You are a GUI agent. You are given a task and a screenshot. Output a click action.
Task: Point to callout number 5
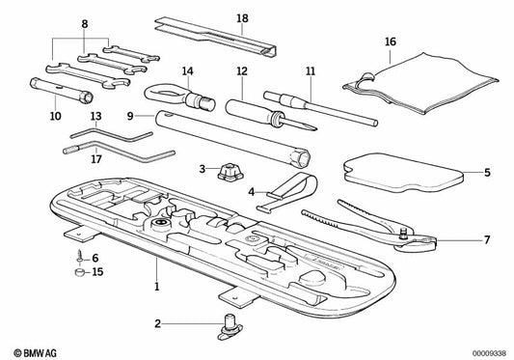[487, 174]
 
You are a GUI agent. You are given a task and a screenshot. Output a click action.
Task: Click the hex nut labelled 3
[228, 170]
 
